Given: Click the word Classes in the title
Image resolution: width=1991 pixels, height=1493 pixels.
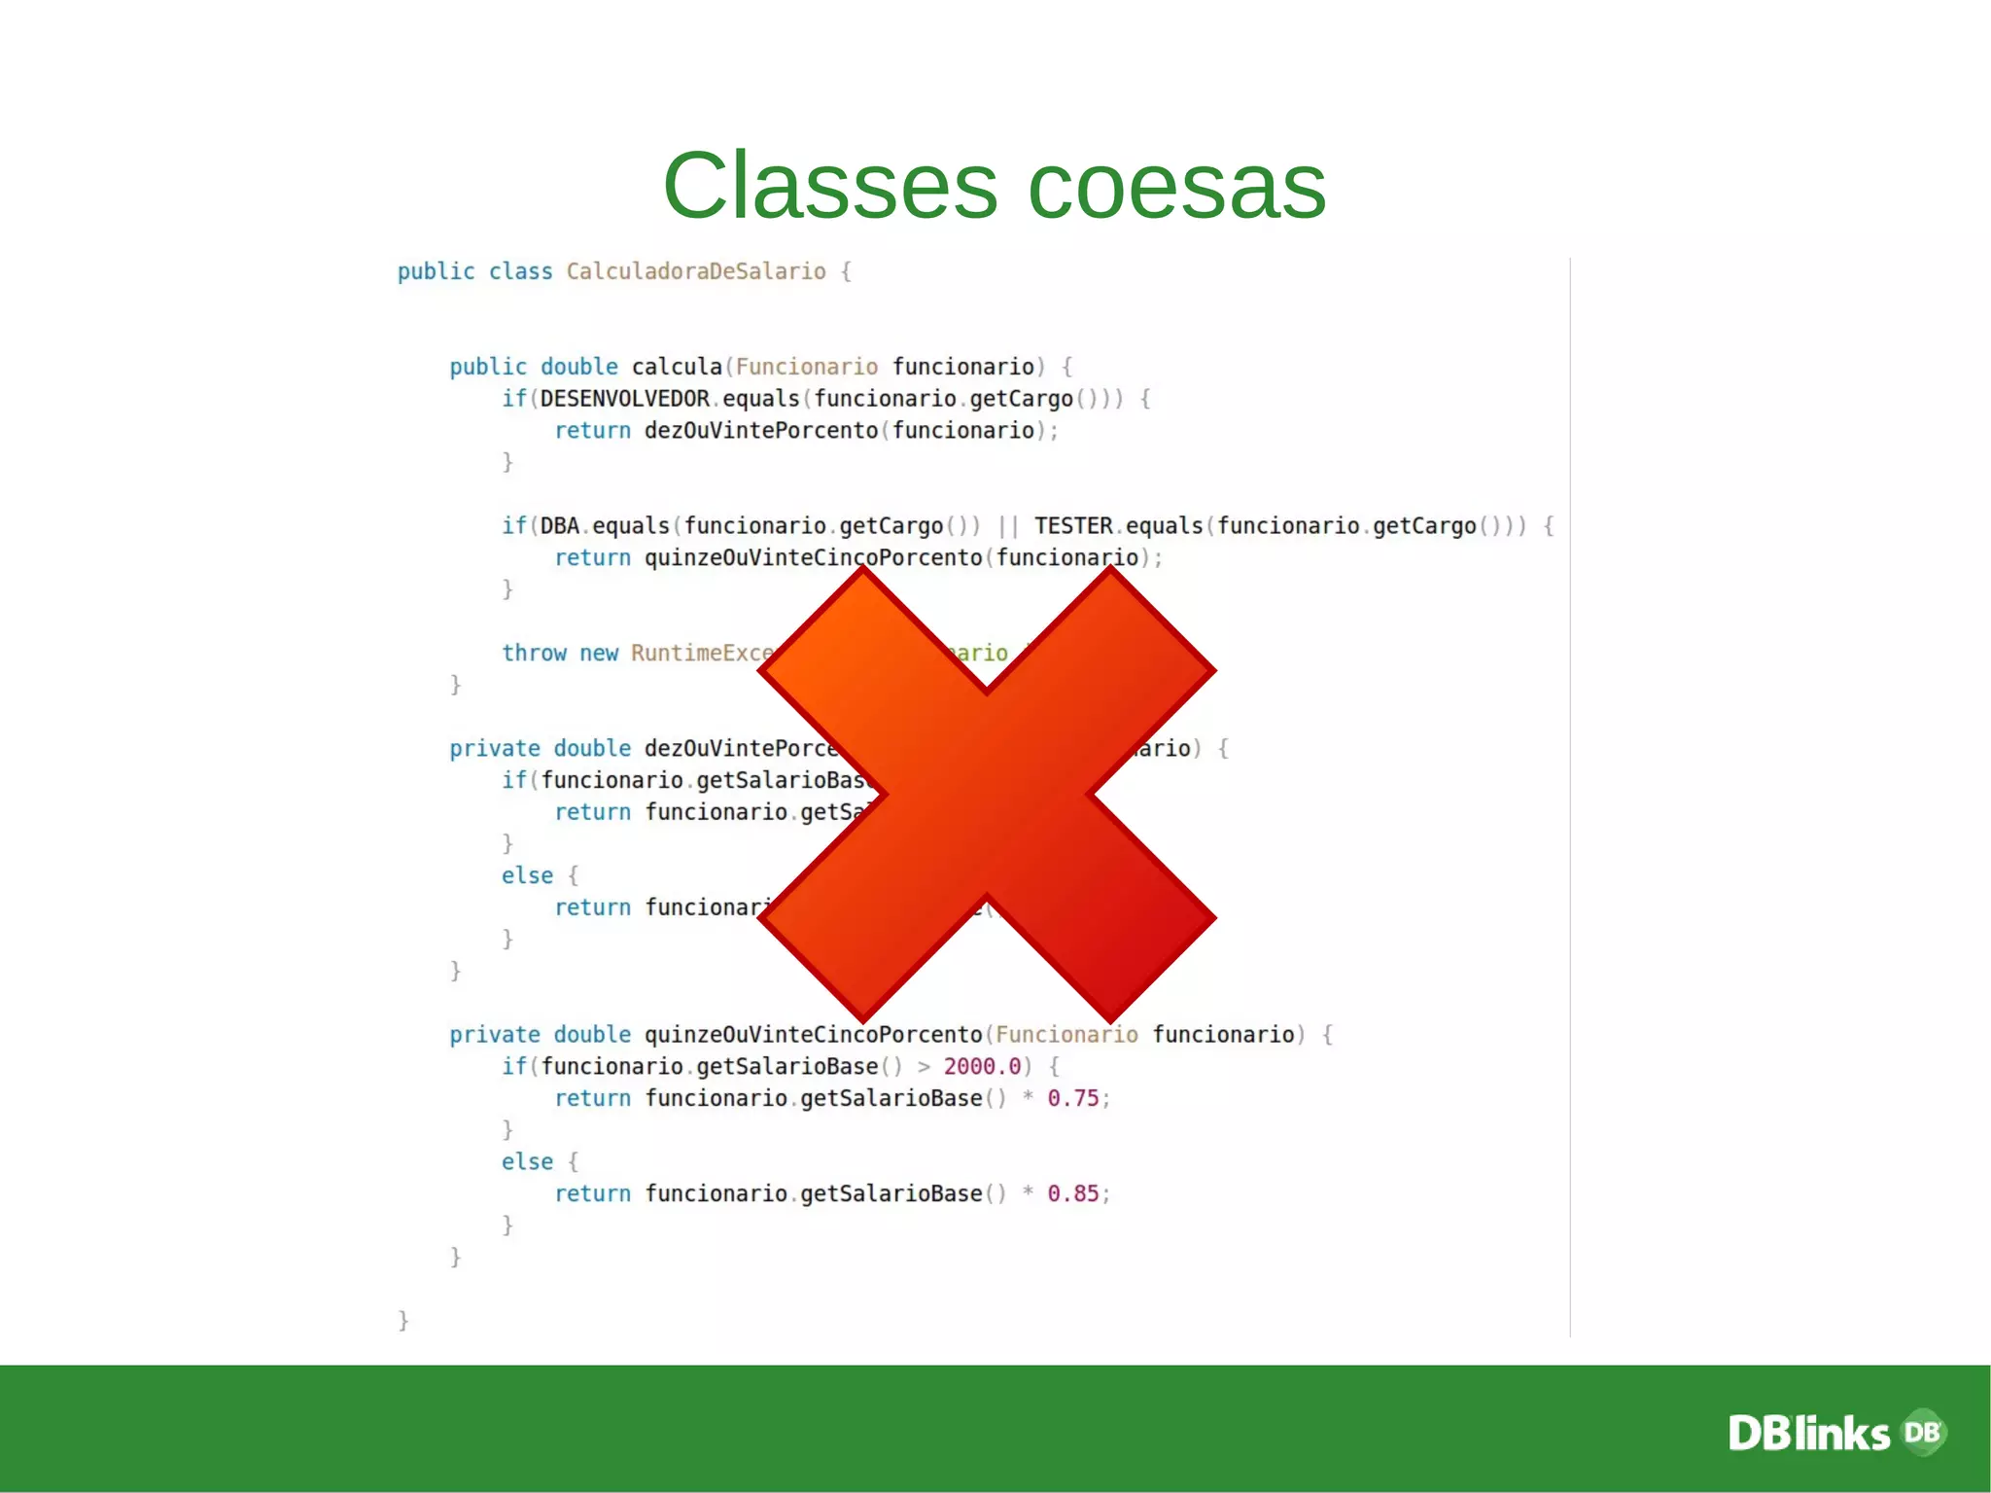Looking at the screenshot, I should pos(829,186).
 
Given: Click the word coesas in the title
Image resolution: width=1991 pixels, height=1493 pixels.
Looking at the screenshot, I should pos(1176,186).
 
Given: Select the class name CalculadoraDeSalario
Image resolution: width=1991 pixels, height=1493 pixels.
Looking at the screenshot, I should pos(696,271).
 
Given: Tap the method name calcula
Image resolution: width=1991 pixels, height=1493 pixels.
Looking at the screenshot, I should pos(677,367).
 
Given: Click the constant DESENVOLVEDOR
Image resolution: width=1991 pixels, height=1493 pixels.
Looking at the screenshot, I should pos(624,399).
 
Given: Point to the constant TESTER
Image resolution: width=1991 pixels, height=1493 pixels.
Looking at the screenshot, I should pos(1073,526).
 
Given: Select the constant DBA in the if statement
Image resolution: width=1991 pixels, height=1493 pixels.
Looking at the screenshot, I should pos(560,526).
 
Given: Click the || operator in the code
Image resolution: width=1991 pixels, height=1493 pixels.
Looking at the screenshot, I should pos(1008,526).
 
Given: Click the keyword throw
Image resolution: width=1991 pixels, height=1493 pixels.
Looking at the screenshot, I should pos(534,653).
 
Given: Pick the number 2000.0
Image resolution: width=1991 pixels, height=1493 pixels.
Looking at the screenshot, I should pos(982,1066).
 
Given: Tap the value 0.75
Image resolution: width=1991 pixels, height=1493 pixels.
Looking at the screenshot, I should pos(1072,1098).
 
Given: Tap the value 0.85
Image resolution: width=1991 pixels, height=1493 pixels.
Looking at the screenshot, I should pos(1072,1193).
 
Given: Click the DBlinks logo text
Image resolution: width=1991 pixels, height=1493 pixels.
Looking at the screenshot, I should pos(1808,1434).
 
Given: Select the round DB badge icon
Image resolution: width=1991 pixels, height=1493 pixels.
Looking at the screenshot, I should pos(1923,1432).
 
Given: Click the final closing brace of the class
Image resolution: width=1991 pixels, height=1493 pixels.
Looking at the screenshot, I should pos(403,1320).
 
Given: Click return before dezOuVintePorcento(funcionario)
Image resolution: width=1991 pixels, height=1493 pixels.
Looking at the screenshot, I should pos(592,431).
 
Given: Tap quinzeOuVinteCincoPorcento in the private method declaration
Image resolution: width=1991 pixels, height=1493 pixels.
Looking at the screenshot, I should pos(813,1035).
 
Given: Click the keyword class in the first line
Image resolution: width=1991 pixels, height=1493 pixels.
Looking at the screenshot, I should pos(520,271).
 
